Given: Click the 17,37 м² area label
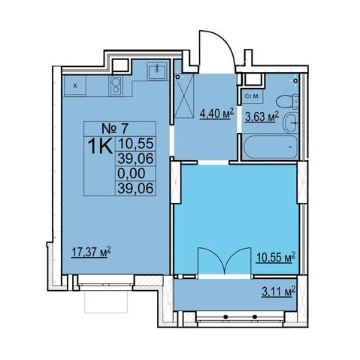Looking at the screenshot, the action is [x=91, y=252].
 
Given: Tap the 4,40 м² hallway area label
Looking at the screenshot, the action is [x=216, y=113].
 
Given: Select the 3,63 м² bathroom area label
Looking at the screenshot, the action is [x=262, y=116].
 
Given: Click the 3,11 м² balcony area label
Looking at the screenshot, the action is [x=279, y=292].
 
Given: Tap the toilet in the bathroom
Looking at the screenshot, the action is [x=287, y=101].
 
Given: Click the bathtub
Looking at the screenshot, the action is [x=271, y=147].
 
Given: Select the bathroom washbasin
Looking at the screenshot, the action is [x=291, y=123].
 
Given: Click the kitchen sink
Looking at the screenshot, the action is [x=157, y=71].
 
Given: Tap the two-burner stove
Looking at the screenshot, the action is [x=116, y=86].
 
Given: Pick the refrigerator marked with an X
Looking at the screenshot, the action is [x=75, y=86].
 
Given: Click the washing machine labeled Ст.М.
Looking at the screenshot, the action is [x=253, y=96].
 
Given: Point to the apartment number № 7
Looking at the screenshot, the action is [x=115, y=129].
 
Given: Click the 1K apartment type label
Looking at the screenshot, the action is [x=100, y=147].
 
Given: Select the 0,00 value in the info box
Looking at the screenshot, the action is [x=131, y=174].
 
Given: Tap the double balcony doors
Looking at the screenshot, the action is [x=225, y=262].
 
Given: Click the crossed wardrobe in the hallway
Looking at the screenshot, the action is [x=184, y=95].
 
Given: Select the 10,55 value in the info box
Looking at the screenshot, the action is [x=135, y=144].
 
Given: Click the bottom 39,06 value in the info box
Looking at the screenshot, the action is [x=135, y=189].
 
